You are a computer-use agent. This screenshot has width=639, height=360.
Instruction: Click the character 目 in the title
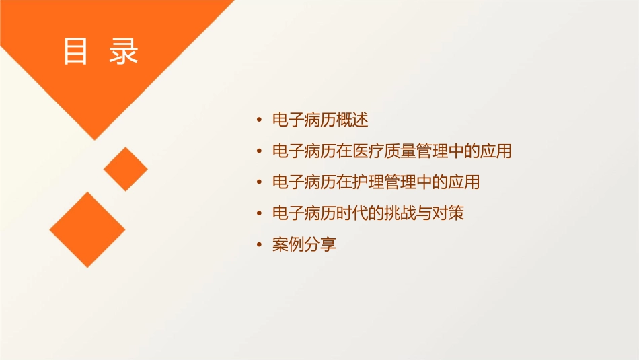(x=75, y=52)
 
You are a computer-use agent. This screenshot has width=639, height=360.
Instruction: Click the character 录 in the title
(x=124, y=52)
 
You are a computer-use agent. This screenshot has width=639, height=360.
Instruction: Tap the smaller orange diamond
(x=125, y=169)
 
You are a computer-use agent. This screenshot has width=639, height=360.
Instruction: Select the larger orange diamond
(x=87, y=229)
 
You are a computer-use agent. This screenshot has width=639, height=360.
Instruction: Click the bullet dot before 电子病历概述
(x=260, y=121)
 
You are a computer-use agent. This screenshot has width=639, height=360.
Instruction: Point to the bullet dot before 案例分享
(x=260, y=245)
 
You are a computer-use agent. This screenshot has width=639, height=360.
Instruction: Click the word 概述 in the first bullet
(x=352, y=120)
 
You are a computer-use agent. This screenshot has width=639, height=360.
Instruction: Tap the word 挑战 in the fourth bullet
(x=401, y=213)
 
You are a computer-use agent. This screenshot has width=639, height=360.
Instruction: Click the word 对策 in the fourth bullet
(x=448, y=213)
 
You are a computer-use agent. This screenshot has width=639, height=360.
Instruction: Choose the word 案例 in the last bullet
(x=288, y=244)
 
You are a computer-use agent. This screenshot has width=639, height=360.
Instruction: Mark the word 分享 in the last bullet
(x=320, y=244)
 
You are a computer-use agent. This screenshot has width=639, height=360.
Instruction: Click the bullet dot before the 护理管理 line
(x=260, y=183)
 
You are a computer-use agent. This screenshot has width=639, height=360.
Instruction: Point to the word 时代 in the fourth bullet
(x=352, y=213)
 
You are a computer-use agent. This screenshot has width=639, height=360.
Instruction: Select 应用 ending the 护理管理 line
(x=463, y=182)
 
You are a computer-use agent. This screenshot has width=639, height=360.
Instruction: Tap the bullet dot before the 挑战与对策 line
(x=260, y=214)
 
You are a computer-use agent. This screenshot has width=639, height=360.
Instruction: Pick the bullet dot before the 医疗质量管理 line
(x=260, y=152)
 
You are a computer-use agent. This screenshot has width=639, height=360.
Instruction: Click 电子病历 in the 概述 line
(x=304, y=120)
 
